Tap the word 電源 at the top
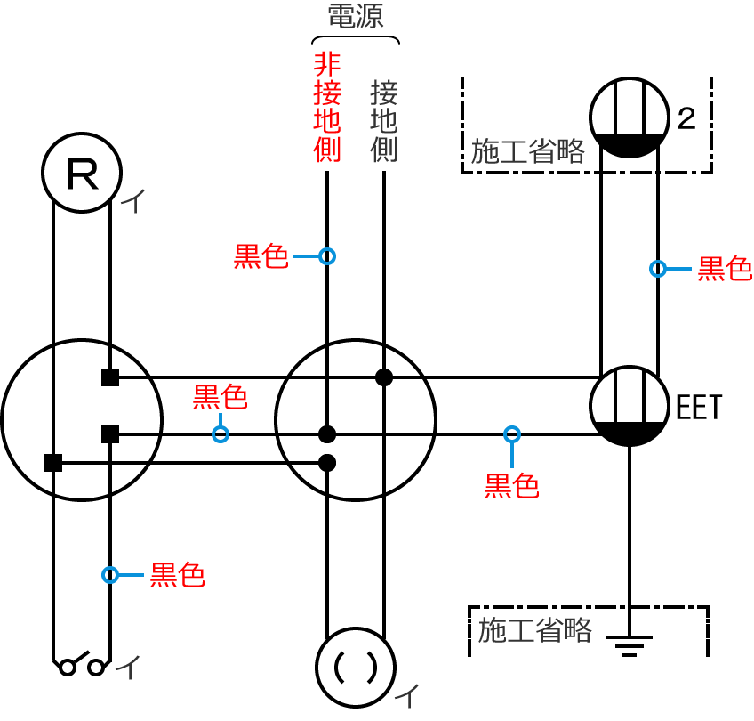(x=356, y=17)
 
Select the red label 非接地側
(x=327, y=107)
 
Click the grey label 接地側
(x=383, y=121)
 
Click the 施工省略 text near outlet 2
(x=528, y=151)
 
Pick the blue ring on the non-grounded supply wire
(x=327, y=256)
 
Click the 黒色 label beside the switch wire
(x=177, y=575)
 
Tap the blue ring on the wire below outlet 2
(x=658, y=268)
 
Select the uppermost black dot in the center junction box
(x=384, y=377)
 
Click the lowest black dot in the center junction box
(x=327, y=463)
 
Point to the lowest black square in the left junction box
(x=53, y=463)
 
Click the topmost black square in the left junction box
(x=110, y=377)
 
